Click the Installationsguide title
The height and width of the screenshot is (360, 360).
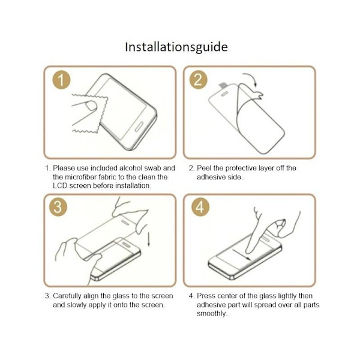[176, 47]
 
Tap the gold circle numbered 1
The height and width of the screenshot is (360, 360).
[61, 80]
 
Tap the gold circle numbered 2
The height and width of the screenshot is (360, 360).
[198, 80]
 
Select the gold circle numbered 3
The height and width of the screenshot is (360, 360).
[58, 207]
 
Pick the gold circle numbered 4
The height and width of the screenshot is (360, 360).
[200, 207]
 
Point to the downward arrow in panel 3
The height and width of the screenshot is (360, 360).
[149, 239]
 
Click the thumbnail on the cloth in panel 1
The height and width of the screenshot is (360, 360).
[91, 106]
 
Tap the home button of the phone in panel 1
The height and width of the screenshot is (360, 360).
[139, 127]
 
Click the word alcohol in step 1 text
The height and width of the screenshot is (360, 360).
[131, 168]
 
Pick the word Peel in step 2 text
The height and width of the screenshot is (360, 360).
[204, 168]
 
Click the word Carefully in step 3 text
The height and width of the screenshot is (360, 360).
[67, 296]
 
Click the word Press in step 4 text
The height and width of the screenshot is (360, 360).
[205, 296]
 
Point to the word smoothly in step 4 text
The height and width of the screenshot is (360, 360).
[212, 314]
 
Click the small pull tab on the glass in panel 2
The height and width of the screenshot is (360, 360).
[223, 85]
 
